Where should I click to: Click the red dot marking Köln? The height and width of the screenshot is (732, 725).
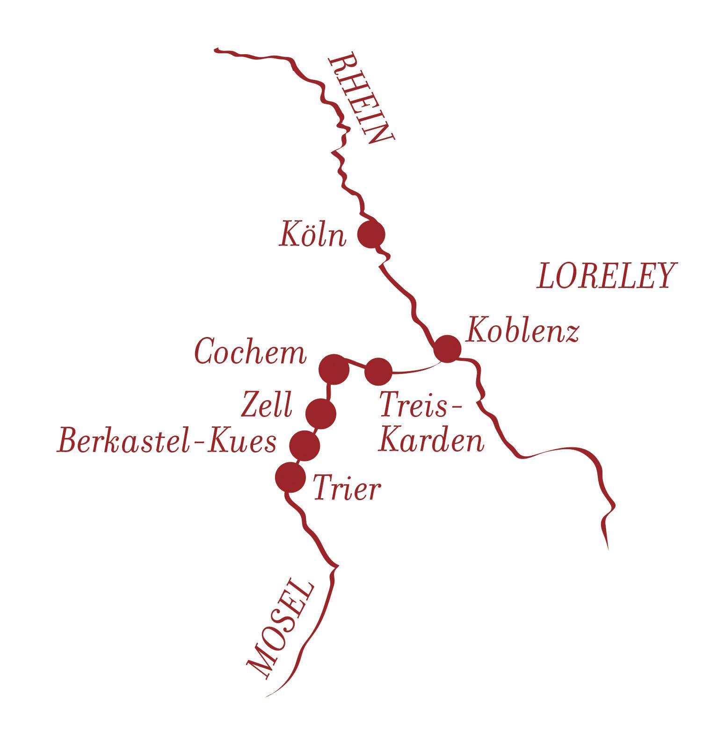(371, 234)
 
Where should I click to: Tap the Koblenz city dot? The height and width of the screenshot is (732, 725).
(447, 349)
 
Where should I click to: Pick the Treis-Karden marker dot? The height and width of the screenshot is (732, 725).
(378, 372)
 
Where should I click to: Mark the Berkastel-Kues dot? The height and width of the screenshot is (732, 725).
(304, 446)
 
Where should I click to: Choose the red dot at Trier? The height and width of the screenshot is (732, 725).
(290, 477)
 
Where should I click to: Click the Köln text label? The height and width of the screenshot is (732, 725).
(313, 234)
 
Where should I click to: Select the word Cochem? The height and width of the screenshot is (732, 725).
(251, 352)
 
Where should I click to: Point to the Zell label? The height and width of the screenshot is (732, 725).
(266, 405)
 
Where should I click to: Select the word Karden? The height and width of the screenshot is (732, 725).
(431, 441)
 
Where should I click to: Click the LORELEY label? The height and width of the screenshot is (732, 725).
(607, 276)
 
